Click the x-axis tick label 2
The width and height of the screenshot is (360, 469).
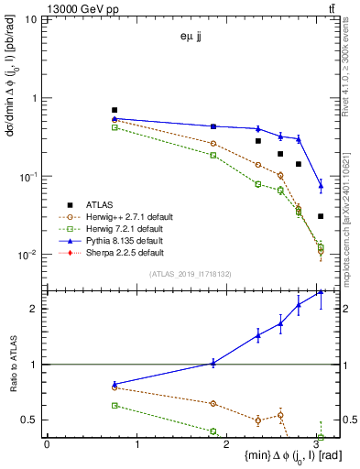tap(229, 443)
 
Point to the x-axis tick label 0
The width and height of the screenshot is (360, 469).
tap(47, 443)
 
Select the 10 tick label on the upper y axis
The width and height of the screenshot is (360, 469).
tap(32, 19)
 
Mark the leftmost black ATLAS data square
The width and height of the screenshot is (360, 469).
tap(115, 110)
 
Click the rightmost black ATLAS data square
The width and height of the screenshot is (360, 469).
tap(321, 216)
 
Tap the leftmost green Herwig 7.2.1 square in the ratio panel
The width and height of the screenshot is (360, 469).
tap(115, 405)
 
